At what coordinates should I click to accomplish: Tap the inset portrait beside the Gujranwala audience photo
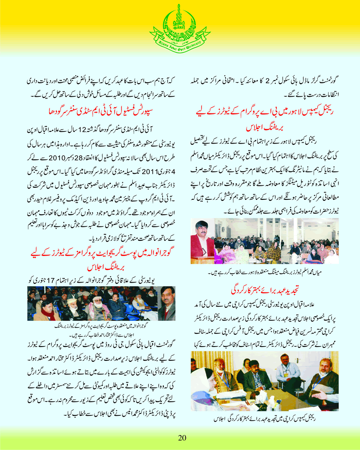pos(166,306)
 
